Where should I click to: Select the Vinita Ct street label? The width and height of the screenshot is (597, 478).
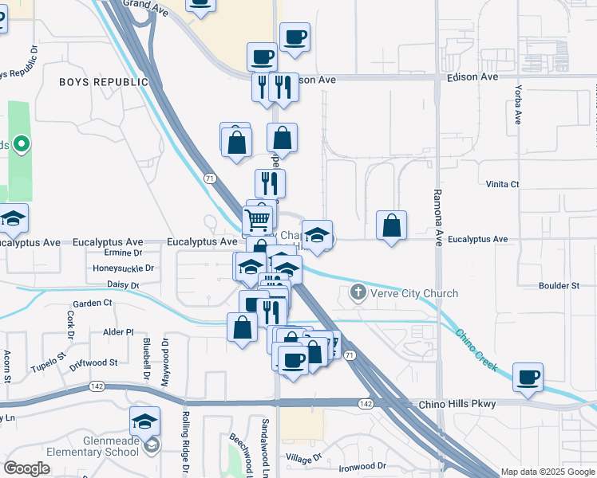pyautogui.click(x=502, y=184)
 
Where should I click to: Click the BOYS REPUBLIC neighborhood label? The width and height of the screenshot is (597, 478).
pyautogui.click(x=104, y=82)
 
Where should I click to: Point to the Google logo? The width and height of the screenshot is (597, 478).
pyautogui.click(x=27, y=468)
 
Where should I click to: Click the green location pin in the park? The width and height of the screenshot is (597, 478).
pyautogui.click(x=22, y=144)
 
